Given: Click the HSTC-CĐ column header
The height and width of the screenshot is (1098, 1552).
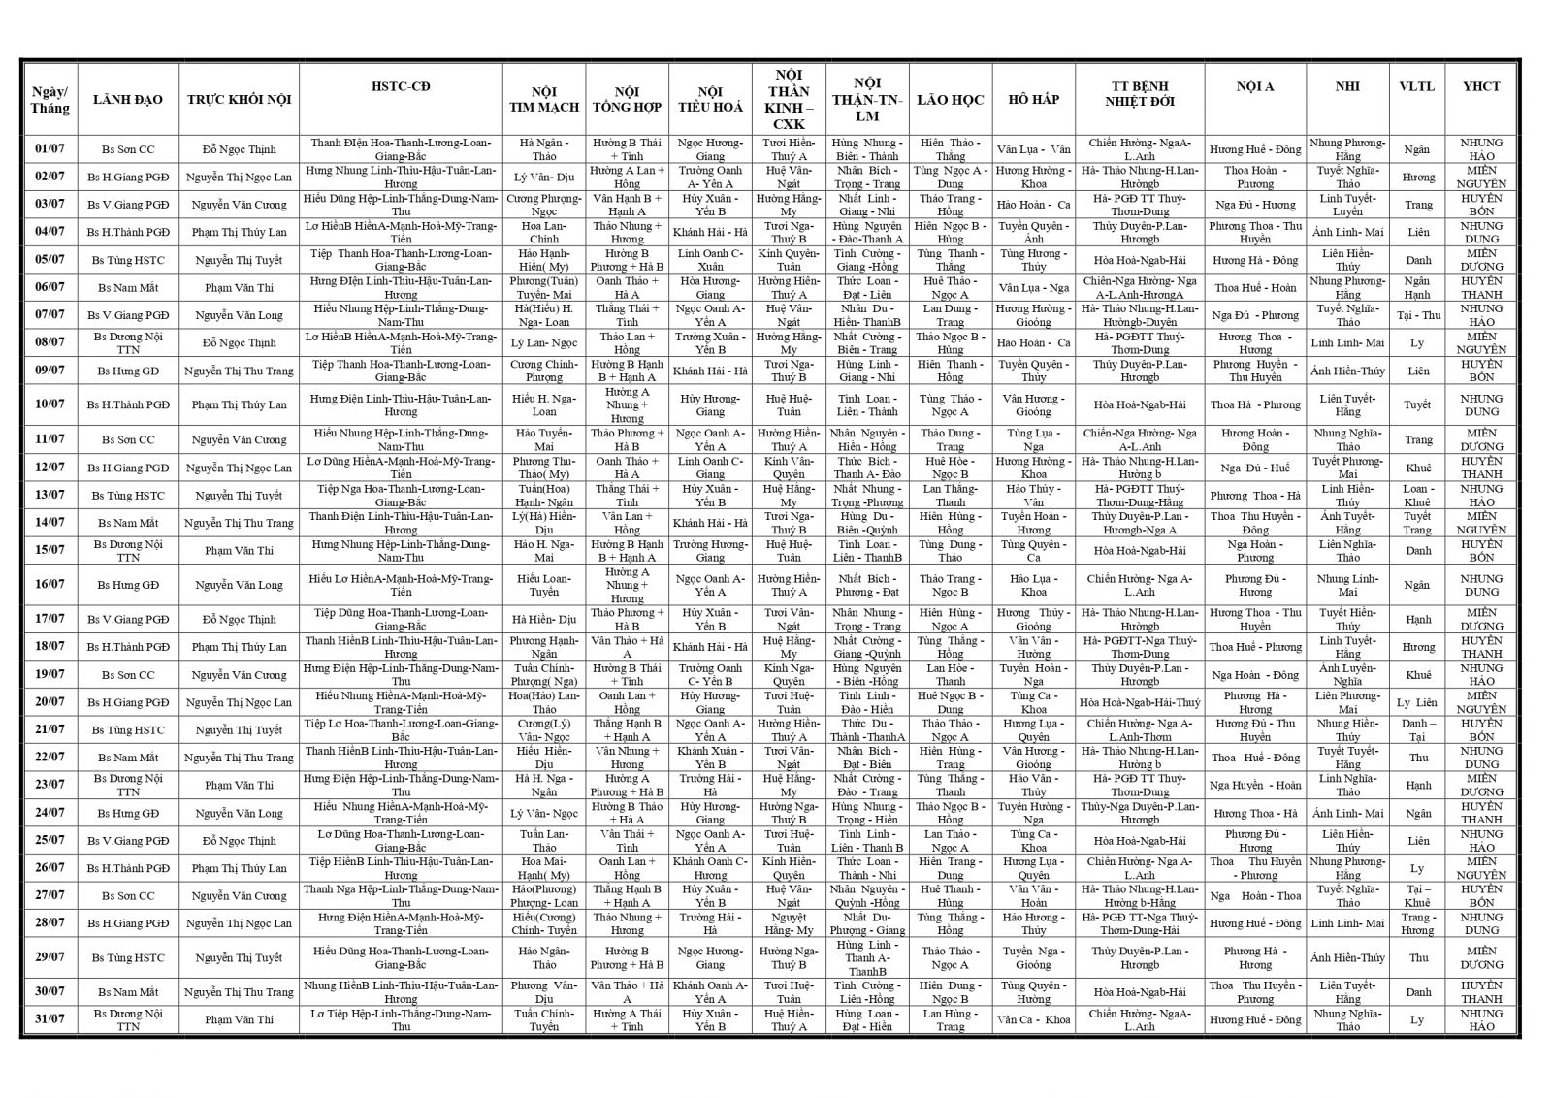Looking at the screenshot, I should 401,87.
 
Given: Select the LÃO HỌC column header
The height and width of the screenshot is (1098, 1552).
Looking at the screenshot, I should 950,100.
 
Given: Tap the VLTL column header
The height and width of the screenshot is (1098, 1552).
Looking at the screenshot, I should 1416,87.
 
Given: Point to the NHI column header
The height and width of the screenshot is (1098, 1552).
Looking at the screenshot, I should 1346,87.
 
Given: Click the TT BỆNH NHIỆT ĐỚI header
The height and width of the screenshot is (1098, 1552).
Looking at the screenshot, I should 1139,93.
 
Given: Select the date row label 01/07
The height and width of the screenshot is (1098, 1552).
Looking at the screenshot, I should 49,149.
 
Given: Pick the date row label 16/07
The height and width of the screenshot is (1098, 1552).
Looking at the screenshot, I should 49,585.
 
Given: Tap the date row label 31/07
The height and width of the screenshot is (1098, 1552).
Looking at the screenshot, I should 49,1019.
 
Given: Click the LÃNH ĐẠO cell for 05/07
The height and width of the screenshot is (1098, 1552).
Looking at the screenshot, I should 128,260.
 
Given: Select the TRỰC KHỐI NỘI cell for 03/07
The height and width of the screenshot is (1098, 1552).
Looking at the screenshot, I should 239,205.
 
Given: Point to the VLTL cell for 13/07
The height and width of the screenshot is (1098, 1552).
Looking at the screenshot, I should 1416,496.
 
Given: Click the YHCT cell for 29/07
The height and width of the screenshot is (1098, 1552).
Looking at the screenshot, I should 1481,958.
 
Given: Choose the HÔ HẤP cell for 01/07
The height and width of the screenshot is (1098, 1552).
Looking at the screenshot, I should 1033,149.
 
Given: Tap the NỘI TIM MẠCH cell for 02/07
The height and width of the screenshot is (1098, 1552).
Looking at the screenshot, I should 544,178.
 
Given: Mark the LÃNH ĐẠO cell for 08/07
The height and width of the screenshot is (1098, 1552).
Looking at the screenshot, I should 128,342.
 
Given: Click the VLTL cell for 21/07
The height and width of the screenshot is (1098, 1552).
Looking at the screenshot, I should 1416,730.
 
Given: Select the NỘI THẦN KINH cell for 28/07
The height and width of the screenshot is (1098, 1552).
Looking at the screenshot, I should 789,923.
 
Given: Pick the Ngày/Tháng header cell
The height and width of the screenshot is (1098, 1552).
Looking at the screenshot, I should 49,100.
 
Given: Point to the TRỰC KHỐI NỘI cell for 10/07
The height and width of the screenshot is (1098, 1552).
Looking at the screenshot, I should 239,404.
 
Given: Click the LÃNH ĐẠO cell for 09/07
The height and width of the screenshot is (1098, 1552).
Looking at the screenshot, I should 128,371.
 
